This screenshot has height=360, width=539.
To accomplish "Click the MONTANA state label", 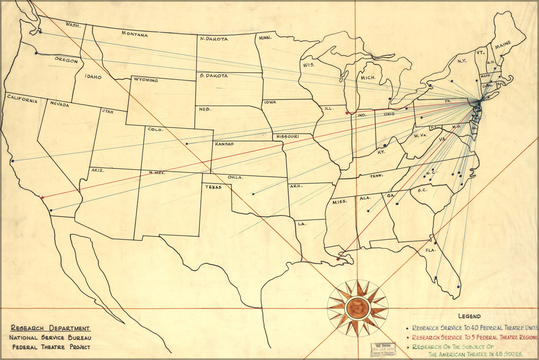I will point(135,34).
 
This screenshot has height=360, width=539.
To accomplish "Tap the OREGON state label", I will point(66,61).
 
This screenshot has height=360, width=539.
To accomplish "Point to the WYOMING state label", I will point(145,80).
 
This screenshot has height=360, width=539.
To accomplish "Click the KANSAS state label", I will point(228,144).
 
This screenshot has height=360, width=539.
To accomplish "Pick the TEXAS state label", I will point(213,187).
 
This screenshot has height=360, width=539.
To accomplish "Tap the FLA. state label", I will point(431,250).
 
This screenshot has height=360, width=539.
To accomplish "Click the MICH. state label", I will point(368,78).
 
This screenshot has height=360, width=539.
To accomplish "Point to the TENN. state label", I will point(377,176).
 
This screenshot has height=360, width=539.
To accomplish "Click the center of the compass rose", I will point(358,308).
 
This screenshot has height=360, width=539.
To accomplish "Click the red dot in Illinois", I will point(347,113).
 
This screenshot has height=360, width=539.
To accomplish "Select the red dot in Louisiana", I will point(338,259).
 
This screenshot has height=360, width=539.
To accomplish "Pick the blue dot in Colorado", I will point(187,143).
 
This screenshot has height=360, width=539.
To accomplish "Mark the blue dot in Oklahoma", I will point(253,194).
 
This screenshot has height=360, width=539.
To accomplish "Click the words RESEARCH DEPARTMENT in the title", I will point(50,328).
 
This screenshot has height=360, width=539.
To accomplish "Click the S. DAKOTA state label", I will point(214,76).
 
